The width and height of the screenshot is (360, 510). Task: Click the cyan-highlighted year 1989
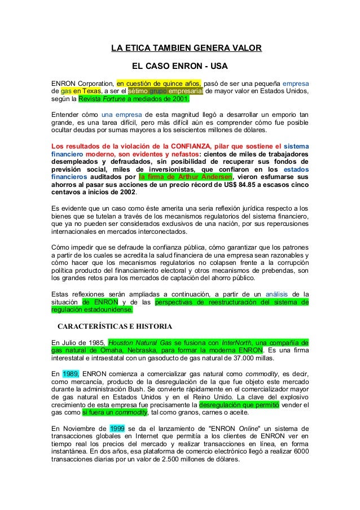point(71,373)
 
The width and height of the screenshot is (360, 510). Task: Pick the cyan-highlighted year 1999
point(117,428)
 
